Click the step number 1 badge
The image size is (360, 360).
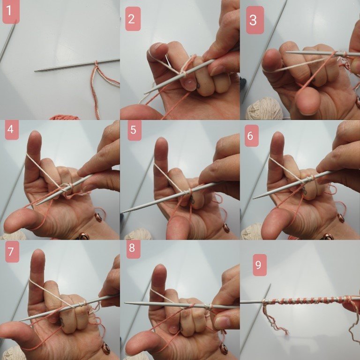[x=11, y=12]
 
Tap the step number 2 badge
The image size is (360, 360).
[x=131, y=19]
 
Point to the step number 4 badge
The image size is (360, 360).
[x=10, y=130]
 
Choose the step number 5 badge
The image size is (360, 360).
[x=133, y=130]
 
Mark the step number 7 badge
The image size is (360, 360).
[x=11, y=252]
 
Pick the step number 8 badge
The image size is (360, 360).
[x=131, y=248]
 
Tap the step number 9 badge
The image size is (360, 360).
[x=258, y=265]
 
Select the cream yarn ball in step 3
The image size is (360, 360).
[x=265, y=108]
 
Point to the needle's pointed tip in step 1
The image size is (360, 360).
[x=36, y=71]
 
